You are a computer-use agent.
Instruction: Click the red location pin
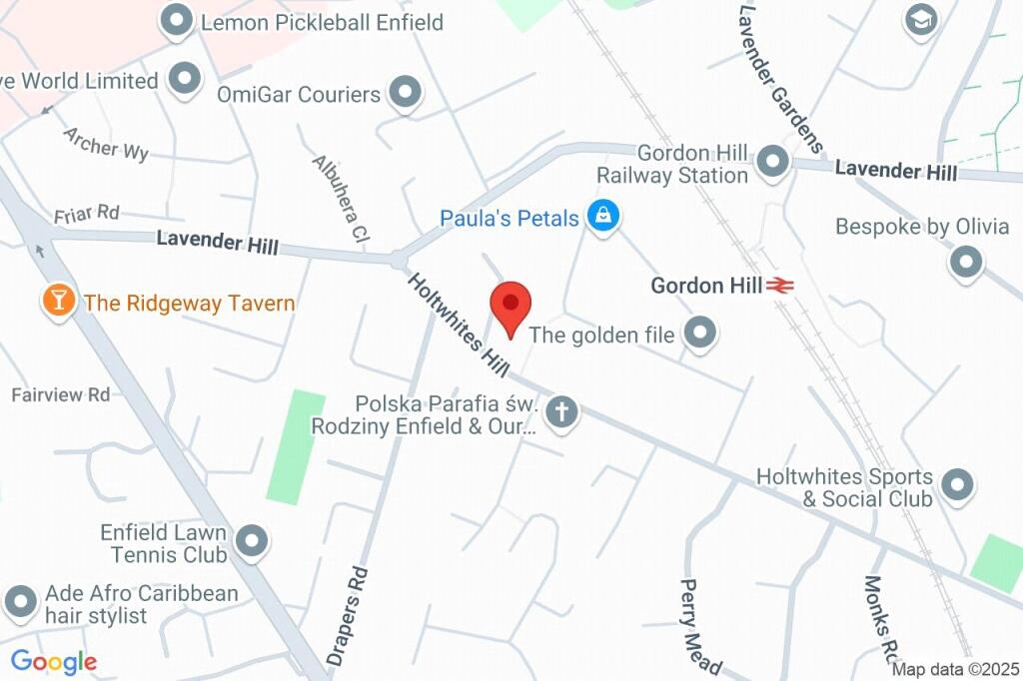(511, 305)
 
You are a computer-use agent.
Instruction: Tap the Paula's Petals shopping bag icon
(601, 216)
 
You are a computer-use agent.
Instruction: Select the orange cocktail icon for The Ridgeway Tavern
(59, 301)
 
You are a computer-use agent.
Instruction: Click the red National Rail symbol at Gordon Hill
(780, 286)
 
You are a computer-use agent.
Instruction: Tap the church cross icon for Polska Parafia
(562, 411)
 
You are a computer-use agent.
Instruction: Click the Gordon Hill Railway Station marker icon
(772, 163)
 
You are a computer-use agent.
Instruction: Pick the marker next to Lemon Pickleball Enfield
(177, 21)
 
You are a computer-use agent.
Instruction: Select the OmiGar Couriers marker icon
(405, 93)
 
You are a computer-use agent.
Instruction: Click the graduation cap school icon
(920, 19)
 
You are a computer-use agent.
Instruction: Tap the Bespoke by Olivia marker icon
(965, 263)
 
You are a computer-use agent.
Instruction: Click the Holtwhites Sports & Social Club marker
(957, 485)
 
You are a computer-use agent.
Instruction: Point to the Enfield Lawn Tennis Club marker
(252, 541)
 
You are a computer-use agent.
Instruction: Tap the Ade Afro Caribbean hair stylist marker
(21, 602)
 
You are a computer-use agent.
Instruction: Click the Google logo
(54, 661)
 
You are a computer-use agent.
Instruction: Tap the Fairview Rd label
(61, 394)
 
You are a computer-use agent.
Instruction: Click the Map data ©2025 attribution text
(954, 669)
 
